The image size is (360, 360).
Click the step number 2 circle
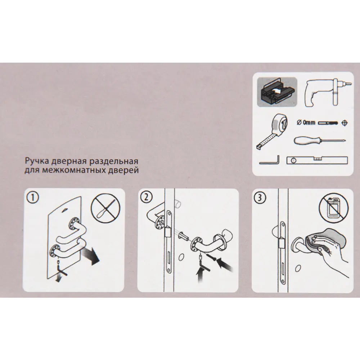pyautogui.click(x=147, y=197)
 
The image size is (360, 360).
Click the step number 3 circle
pyautogui.click(x=260, y=198)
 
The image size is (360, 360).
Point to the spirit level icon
pyautogui.click(x=317, y=160)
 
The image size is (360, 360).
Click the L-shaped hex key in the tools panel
pyautogui.click(x=269, y=160)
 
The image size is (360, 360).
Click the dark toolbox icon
pyautogui.click(x=277, y=92)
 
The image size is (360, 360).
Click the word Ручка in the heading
pyautogui.click(x=37, y=161)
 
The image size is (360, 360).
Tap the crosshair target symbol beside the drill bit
pyautogui.click(x=345, y=123)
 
